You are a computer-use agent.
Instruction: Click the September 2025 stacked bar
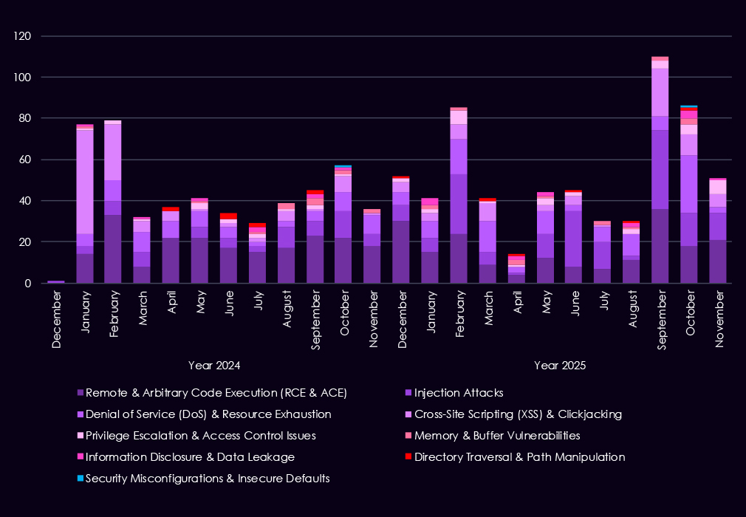tap(660, 170)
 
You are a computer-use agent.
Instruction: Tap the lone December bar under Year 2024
tap(56, 281)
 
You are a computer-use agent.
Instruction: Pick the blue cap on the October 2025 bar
tap(688, 107)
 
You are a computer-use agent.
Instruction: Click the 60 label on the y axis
tap(28, 160)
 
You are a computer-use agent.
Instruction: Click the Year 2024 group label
tap(214, 365)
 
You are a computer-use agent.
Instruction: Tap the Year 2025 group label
tap(559, 365)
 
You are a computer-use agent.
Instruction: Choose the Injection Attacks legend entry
tap(459, 393)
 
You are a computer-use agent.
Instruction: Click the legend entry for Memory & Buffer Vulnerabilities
tap(497, 436)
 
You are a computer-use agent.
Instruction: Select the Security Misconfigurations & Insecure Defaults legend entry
tap(208, 479)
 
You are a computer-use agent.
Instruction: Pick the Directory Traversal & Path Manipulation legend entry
tap(520, 457)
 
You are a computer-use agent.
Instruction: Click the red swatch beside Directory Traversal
tap(409, 457)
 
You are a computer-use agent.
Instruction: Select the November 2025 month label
tap(717, 313)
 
